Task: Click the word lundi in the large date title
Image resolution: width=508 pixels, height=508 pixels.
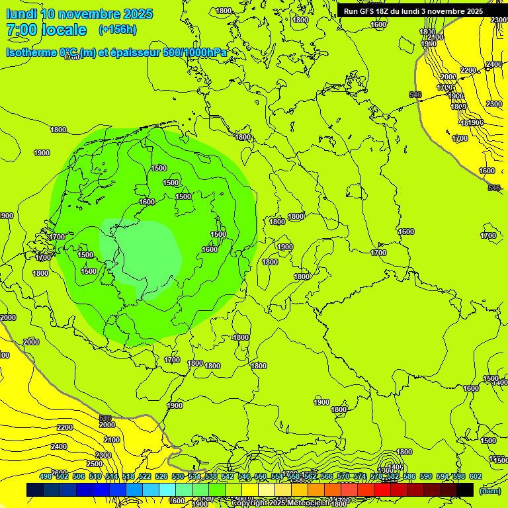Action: coord(21,14)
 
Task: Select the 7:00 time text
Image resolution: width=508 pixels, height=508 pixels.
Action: coord(21,30)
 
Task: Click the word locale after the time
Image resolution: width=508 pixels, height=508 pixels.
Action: coord(64,30)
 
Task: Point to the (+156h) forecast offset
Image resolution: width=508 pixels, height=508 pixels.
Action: coord(117,30)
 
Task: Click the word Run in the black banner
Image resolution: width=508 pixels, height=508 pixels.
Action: coord(351,11)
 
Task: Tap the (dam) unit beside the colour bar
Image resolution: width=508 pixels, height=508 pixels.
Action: coord(489,491)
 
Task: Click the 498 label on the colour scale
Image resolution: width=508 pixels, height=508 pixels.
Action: coord(46,476)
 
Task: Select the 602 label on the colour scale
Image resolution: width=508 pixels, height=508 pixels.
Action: coord(475,476)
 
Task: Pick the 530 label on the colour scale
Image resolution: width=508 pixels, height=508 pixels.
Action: coord(178,476)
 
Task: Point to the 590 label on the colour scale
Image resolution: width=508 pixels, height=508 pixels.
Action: coord(426,476)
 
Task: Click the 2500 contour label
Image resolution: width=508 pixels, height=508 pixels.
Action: coord(95,463)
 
